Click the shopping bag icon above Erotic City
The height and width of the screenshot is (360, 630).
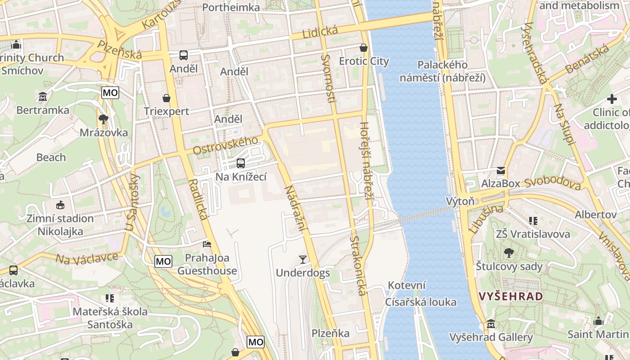coord(364,48)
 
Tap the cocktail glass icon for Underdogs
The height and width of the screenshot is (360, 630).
coord(303,260)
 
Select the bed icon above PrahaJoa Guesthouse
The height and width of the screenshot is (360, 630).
coord(207,244)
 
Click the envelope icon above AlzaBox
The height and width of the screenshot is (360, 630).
coord(500,171)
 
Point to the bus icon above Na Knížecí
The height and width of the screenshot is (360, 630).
coord(241,163)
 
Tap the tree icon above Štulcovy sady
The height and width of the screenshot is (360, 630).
coord(509,253)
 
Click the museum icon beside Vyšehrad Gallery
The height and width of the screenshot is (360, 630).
coord(491,324)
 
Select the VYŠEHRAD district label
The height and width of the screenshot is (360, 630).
coord(511,296)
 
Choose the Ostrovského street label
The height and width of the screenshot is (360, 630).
coord(225,145)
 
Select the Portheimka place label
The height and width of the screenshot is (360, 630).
coord(231,7)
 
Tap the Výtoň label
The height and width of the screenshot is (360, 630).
coord(460,201)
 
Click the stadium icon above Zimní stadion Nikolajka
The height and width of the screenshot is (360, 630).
coord(60,205)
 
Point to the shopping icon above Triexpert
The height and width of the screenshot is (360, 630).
coord(166,98)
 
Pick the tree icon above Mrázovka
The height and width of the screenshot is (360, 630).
coord(103,119)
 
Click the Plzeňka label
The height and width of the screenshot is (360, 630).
coord(331,333)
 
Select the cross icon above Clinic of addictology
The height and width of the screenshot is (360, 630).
coord(612,99)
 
